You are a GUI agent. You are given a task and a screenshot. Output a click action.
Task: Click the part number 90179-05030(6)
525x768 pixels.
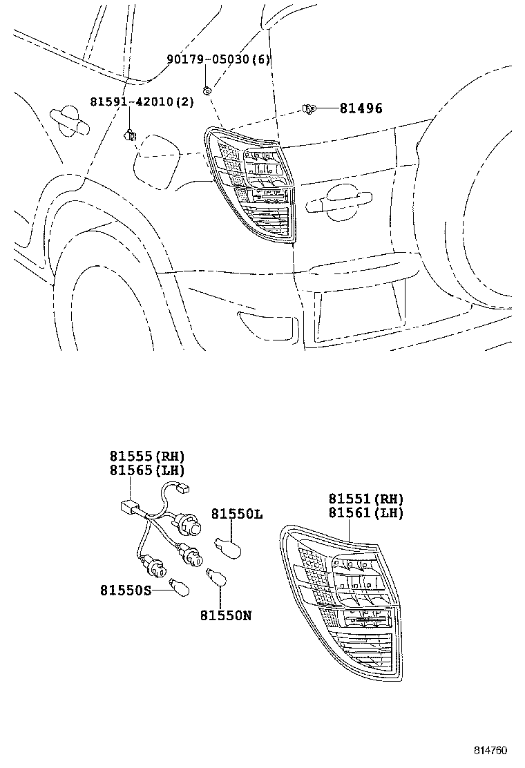click(x=219, y=59)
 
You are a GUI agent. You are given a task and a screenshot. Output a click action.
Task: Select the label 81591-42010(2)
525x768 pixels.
click(x=142, y=102)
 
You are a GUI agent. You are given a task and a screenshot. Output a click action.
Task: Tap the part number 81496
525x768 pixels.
click(x=361, y=108)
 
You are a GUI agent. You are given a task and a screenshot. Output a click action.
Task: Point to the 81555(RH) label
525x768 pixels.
click(x=147, y=457)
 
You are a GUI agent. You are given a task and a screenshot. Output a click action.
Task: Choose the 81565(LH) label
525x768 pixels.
click(x=147, y=471)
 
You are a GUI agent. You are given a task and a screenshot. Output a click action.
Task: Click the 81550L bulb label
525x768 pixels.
click(x=237, y=515)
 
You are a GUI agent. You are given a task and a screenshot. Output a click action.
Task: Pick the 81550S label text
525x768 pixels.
click(x=126, y=591)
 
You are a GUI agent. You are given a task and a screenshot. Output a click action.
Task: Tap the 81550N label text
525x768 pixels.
click(x=226, y=615)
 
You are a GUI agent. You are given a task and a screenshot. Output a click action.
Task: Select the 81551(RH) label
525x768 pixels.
click(x=366, y=499)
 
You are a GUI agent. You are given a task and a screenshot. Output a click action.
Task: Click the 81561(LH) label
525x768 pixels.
click(x=366, y=513)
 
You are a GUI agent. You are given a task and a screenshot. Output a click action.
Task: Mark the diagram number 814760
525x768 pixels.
click(x=490, y=750)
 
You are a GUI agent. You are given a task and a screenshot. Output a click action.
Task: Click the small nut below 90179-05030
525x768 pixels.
click(x=207, y=90)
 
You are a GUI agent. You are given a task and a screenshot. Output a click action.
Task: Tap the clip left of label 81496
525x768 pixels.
click(x=309, y=108)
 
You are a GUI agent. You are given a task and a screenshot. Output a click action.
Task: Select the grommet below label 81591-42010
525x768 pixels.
click(x=130, y=135)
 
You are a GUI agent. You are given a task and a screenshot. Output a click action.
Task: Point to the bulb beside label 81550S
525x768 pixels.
click(x=179, y=587)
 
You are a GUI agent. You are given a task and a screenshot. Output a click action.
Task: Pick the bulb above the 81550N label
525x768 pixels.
click(x=216, y=577)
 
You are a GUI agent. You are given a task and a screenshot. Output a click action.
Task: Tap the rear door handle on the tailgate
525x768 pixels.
click(x=338, y=200)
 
